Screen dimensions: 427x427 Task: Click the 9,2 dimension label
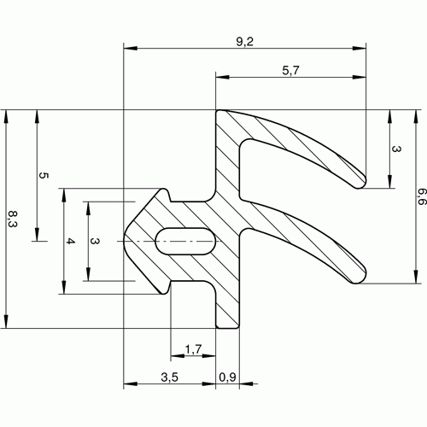point(244,42)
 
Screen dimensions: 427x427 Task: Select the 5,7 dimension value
point(290,71)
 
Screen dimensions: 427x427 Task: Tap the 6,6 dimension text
point(420,196)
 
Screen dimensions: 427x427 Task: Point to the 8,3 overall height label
point(12,219)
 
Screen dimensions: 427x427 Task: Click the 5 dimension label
point(43,175)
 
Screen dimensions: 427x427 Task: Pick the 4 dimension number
point(70,242)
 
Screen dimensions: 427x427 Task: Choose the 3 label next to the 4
point(95,241)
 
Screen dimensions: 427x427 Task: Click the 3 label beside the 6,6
point(396,149)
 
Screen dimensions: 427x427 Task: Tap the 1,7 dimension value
point(193,349)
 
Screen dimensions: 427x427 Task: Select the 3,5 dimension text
point(169,377)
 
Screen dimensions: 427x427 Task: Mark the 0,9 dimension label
point(227,377)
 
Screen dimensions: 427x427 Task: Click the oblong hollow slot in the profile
point(185,242)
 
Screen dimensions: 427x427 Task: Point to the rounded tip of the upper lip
point(361,182)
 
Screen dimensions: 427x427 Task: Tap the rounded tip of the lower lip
point(361,277)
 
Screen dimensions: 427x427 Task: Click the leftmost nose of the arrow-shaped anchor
point(124,241)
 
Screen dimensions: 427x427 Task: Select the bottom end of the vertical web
point(227,328)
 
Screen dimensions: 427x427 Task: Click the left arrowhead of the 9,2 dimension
point(131,48)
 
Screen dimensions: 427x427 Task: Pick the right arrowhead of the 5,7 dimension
point(359,77)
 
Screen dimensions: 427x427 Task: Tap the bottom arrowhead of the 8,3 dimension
point(6,321)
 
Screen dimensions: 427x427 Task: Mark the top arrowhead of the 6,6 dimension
point(416,117)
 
